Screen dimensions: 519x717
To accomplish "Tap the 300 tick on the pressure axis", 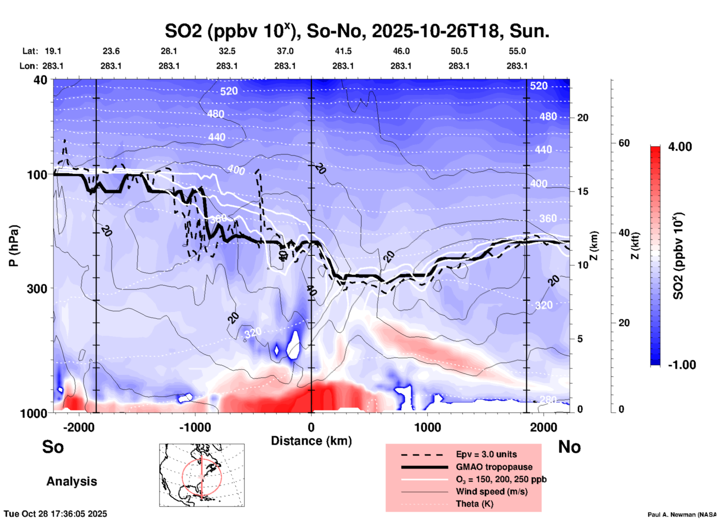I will coord(37,289).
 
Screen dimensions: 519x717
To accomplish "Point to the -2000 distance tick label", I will coord(79,427).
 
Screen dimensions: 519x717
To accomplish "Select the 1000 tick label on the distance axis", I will coord(427,427).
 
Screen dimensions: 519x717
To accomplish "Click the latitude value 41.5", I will coord(343,51).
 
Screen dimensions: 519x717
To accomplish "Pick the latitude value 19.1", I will coord(53,51).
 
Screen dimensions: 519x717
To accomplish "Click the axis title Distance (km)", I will coord(311,441).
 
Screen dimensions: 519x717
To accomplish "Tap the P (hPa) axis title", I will coord(14,246).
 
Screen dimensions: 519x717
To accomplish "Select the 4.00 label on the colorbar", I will coord(680,147).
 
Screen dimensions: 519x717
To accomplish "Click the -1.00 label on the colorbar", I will coord(682,365).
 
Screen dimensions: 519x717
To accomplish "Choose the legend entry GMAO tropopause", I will coord(494,467).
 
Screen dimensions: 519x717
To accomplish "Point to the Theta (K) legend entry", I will coord(474,504).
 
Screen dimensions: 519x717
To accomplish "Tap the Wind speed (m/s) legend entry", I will coord(491,491).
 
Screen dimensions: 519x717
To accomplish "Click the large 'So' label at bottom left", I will coord(53,447).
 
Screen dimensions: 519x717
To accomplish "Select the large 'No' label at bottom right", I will coord(569,447).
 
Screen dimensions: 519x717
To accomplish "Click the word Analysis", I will coord(71,481).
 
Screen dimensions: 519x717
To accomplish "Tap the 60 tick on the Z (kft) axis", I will coord(624,143).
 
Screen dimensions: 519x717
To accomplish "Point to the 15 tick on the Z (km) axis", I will coord(583,191).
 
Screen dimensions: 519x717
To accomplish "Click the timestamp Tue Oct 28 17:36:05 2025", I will coord(55,514).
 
